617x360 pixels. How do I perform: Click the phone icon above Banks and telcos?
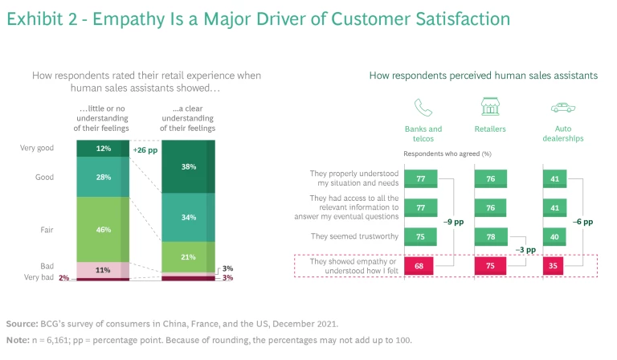tap(423, 108)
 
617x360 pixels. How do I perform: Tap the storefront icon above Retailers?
tap(490, 108)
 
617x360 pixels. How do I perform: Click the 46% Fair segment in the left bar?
tap(103, 229)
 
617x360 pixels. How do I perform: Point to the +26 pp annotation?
tap(145, 149)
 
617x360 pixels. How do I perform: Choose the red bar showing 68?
tap(420, 266)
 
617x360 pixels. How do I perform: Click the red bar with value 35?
tap(554, 266)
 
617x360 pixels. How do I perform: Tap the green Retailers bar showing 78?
tap(488, 236)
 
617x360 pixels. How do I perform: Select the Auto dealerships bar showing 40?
tap(554, 236)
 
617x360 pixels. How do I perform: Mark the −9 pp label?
tap(456, 221)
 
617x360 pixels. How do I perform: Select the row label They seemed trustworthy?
tap(353, 236)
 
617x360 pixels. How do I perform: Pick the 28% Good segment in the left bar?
tap(103, 177)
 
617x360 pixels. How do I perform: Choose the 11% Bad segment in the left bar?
tap(103, 270)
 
